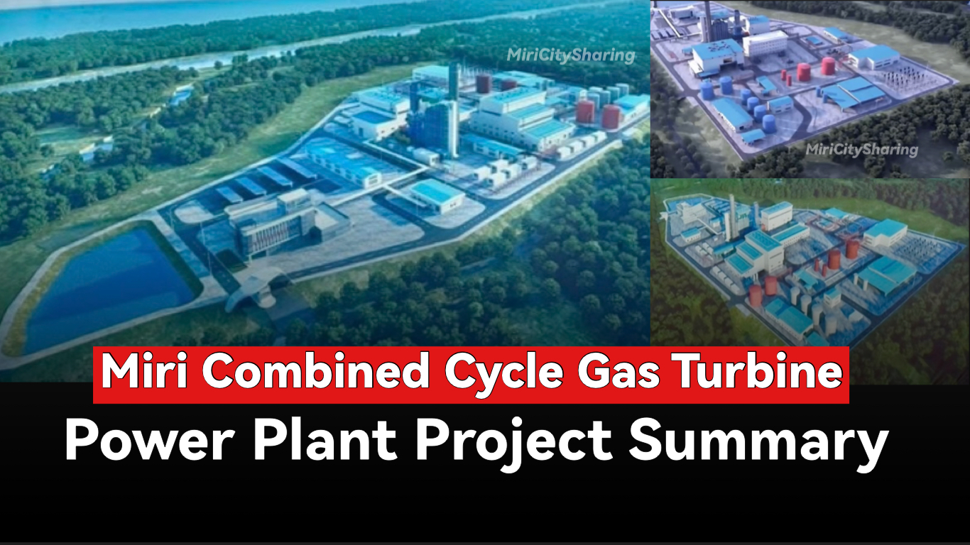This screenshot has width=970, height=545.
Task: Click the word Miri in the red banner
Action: coord(143,372)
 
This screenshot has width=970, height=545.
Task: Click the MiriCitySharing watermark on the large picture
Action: coord(571,55)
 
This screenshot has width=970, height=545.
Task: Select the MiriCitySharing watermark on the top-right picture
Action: coord(862,150)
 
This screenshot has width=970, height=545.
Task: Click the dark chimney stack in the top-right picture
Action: coord(707,22)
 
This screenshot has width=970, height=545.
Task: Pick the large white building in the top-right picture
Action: coord(765,43)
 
